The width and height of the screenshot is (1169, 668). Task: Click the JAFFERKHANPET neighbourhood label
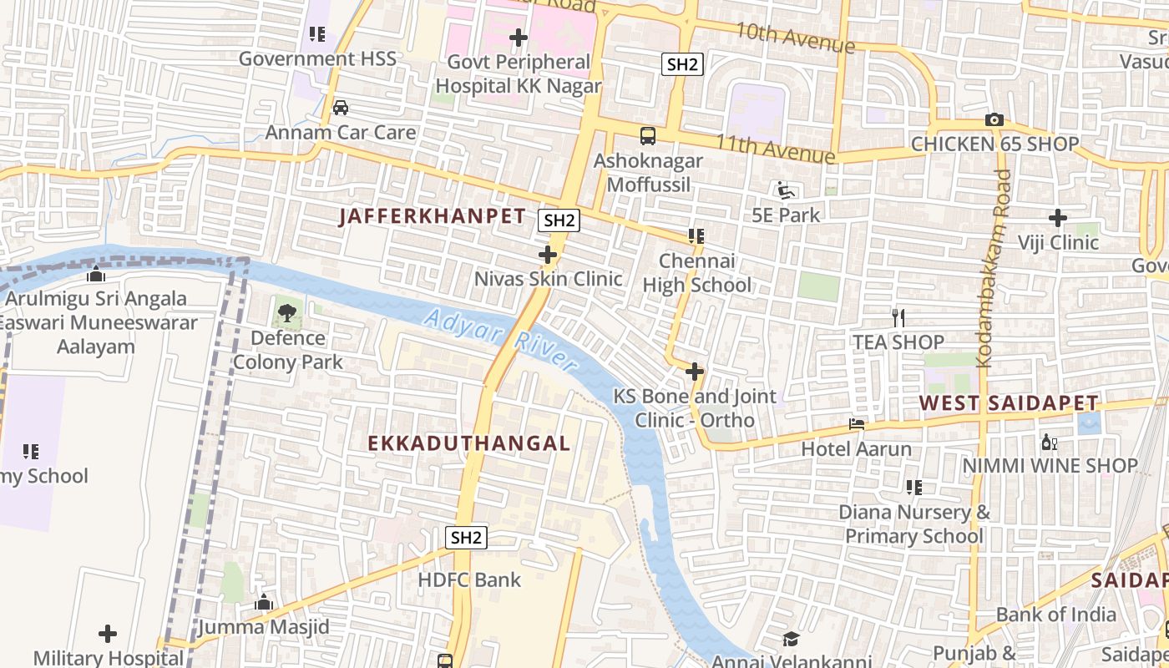point(433,216)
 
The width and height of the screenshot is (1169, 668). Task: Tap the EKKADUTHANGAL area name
point(469,443)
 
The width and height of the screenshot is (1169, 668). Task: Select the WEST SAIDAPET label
point(1009,403)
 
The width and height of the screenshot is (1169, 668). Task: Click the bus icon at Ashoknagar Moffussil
point(647,136)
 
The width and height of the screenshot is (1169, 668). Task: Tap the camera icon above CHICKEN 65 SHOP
point(994,119)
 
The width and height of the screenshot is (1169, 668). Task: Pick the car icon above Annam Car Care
point(341,108)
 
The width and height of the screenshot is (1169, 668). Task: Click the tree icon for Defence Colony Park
point(287,314)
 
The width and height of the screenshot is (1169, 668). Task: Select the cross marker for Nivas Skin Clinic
point(548,255)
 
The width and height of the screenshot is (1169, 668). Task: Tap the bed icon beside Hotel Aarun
point(857,424)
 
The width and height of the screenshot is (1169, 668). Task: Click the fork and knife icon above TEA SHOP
point(898,317)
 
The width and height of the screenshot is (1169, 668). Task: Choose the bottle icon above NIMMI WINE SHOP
point(1049,442)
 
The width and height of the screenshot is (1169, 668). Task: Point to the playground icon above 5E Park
point(786,191)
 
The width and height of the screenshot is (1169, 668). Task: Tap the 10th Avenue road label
point(794,37)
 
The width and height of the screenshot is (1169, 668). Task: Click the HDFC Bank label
point(469,579)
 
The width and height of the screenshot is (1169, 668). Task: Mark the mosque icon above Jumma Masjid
point(264,602)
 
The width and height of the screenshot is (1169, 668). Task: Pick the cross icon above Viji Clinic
point(1058,219)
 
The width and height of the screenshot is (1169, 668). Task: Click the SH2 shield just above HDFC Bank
point(466,538)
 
